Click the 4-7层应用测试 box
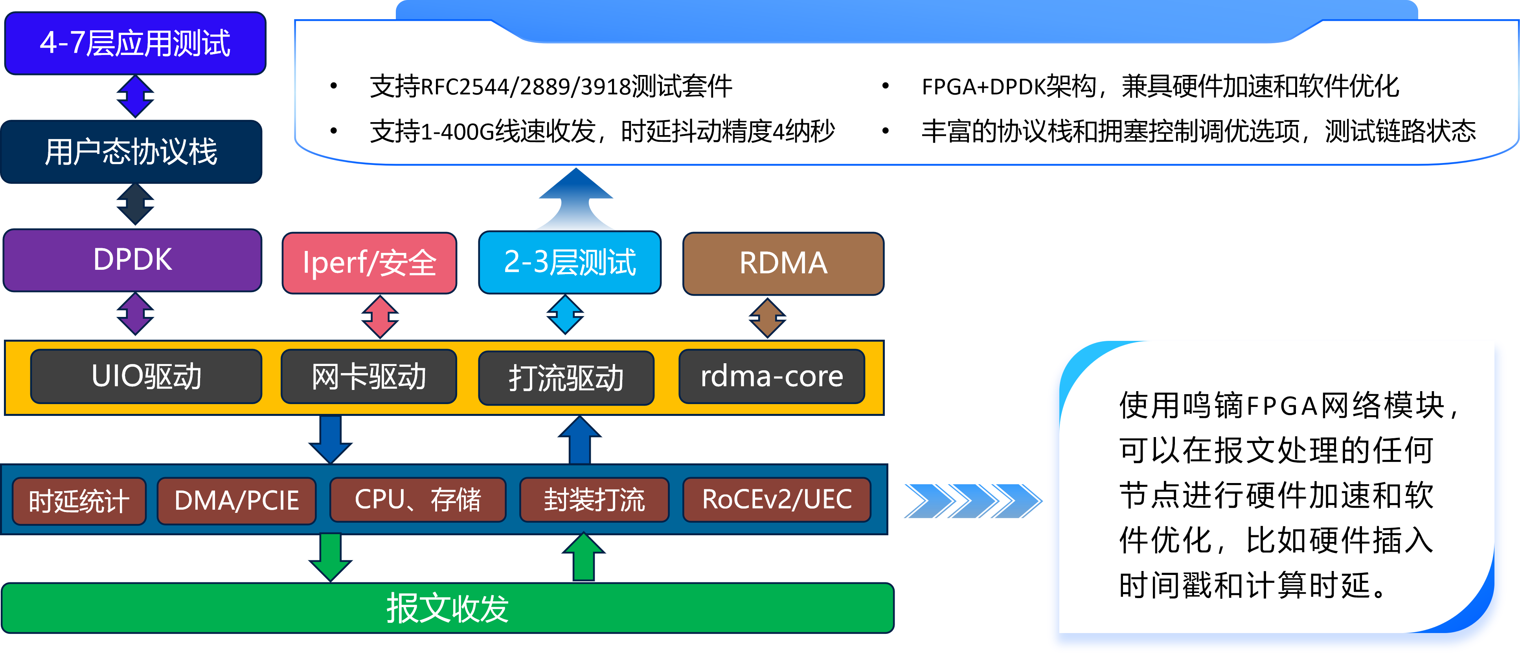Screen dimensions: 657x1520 coord(135,43)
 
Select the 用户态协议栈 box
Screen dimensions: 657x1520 coord(132,152)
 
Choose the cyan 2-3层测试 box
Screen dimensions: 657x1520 coord(570,262)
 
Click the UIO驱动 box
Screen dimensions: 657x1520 coord(146,376)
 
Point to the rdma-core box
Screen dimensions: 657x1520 coord(772,376)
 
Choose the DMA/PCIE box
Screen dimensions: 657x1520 coord(237,501)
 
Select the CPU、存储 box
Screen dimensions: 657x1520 coord(418,500)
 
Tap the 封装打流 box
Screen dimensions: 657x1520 coord(594,500)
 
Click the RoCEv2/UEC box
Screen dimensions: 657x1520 coord(777,500)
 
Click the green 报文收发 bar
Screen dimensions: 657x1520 coord(447,608)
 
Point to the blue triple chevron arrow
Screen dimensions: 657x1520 coord(972,501)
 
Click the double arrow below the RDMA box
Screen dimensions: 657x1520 coord(767,317)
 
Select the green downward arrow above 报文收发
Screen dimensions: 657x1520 coord(331,556)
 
